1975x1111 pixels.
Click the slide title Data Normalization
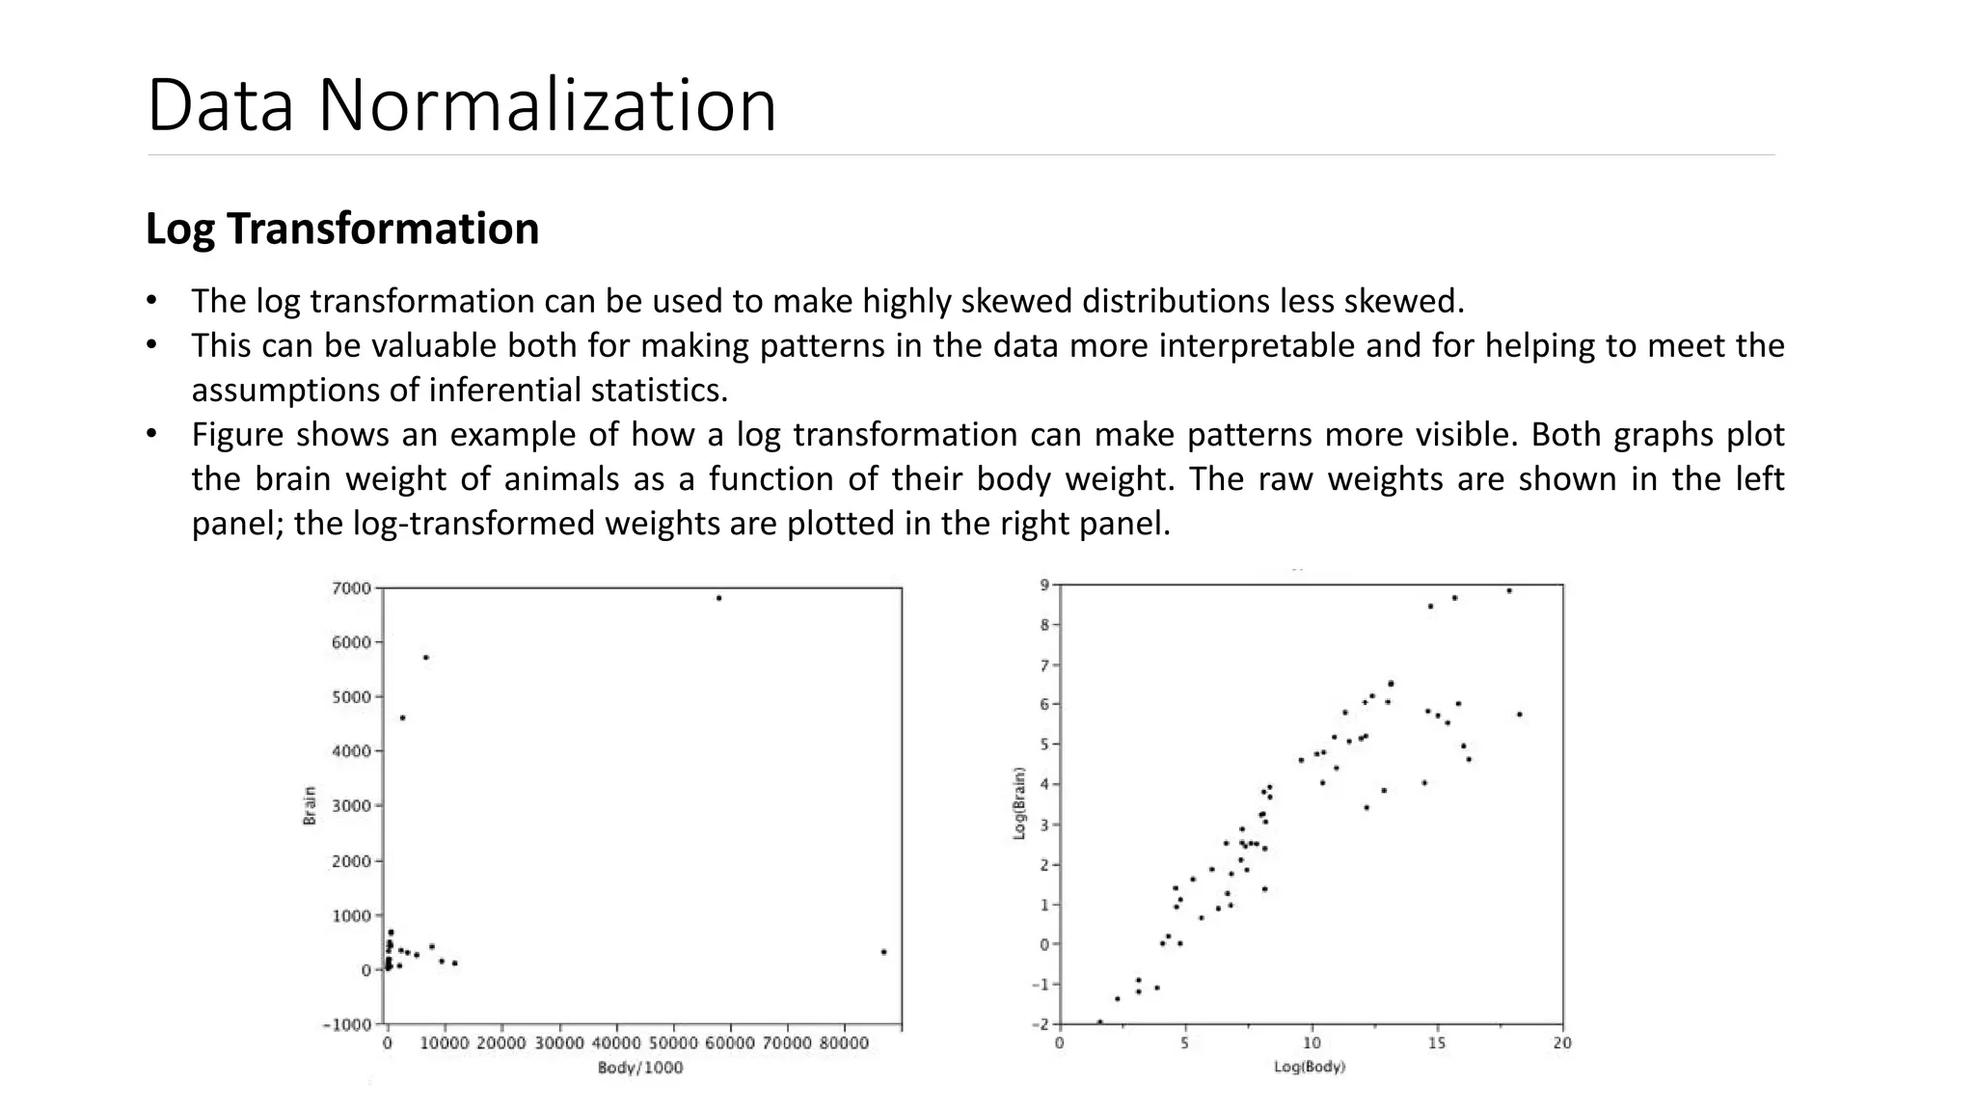pos(461,105)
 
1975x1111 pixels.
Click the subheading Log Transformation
pos(341,229)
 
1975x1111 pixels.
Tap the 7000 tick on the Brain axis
pos(350,588)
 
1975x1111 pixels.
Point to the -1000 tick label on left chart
pos(346,1024)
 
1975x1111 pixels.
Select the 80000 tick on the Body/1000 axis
pos(844,1043)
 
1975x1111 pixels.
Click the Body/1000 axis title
pos(640,1068)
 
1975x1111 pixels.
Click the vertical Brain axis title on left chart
pos(310,805)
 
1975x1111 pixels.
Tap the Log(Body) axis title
pos(1309,1068)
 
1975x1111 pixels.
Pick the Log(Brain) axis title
pos(1019,803)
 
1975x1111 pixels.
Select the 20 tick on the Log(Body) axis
pos(1561,1043)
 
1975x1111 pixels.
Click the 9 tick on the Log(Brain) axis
pos(1043,584)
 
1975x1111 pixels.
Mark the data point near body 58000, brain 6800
pos(718,598)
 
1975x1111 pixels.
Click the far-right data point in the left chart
pos(883,952)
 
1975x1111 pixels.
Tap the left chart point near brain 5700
pos(425,658)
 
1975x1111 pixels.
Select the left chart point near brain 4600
pos(402,718)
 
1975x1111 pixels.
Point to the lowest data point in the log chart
pos(1099,1021)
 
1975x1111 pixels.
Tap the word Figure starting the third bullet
pos(238,435)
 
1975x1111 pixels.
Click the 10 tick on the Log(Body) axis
pos(1312,1043)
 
